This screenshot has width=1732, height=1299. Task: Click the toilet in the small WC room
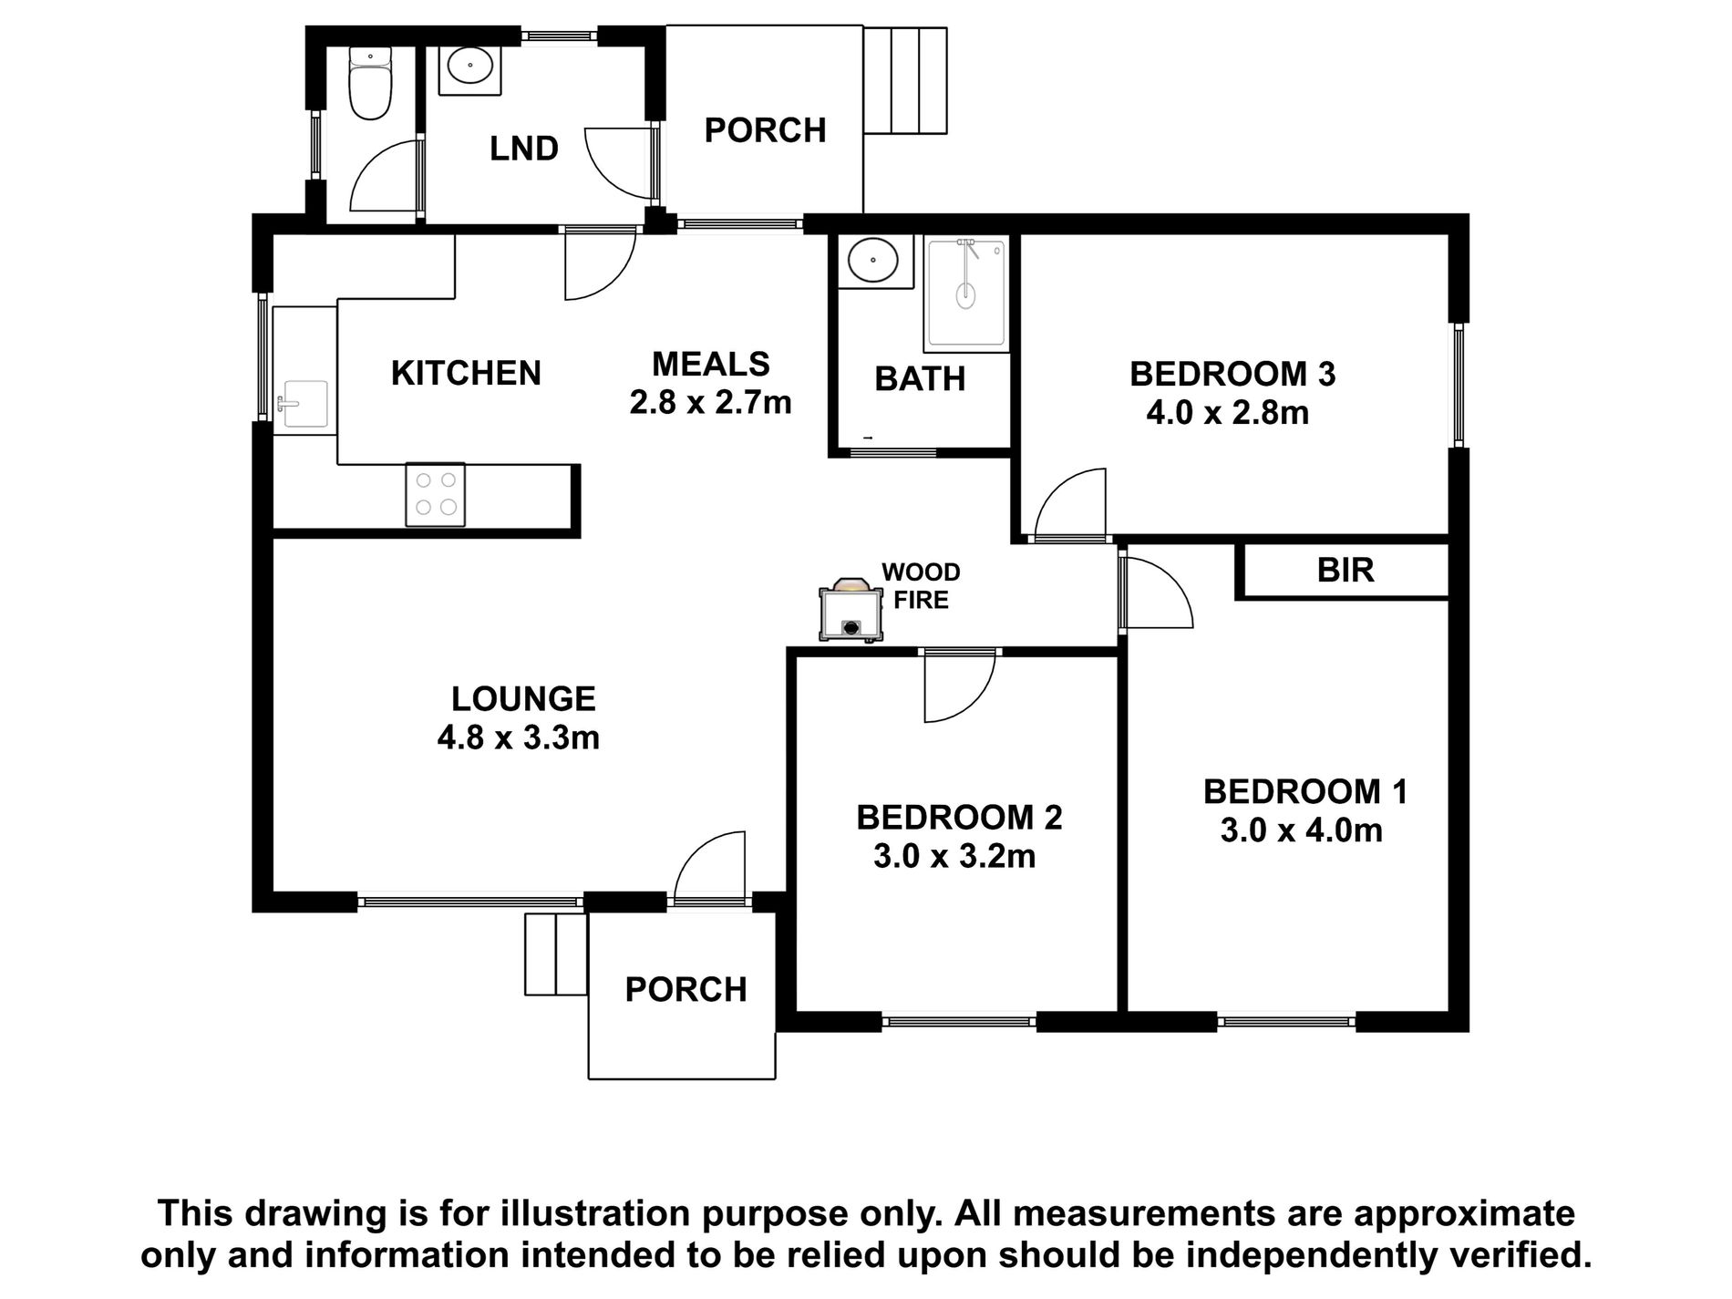click(371, 88)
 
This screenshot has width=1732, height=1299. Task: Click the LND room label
click(524, 149)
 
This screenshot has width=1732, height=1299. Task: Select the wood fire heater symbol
click(851, 612)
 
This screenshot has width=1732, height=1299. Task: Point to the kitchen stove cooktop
click(436, 494)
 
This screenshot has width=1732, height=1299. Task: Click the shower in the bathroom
click(966, 294)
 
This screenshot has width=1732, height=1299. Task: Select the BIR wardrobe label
click(1345, 571)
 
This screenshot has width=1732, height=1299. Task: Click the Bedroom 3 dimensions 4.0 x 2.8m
click(1227, 413)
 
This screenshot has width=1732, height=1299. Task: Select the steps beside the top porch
click(905, 80)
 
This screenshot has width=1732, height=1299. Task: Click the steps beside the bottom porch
click(555, 954)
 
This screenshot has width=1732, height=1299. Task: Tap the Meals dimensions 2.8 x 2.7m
click(710, 402)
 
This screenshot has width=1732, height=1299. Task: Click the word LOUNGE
click(523, 699)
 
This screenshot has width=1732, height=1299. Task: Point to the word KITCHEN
click(466, 373)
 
